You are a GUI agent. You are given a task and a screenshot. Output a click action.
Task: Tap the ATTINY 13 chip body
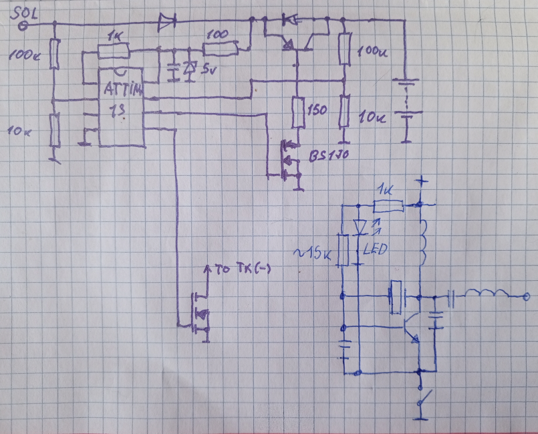point(121,107)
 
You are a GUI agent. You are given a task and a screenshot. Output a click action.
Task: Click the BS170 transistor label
point(329,156)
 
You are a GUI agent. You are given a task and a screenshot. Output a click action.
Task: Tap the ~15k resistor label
point(313,252)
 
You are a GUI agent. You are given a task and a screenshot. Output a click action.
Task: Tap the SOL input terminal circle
point(22,26)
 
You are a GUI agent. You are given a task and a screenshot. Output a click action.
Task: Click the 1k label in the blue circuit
point(386,189)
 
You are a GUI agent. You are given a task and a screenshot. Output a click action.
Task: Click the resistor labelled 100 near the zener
point(221,47)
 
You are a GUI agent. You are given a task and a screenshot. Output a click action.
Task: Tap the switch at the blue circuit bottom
point(422,399)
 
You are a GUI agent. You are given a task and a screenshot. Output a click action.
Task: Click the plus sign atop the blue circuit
point(421,181)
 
